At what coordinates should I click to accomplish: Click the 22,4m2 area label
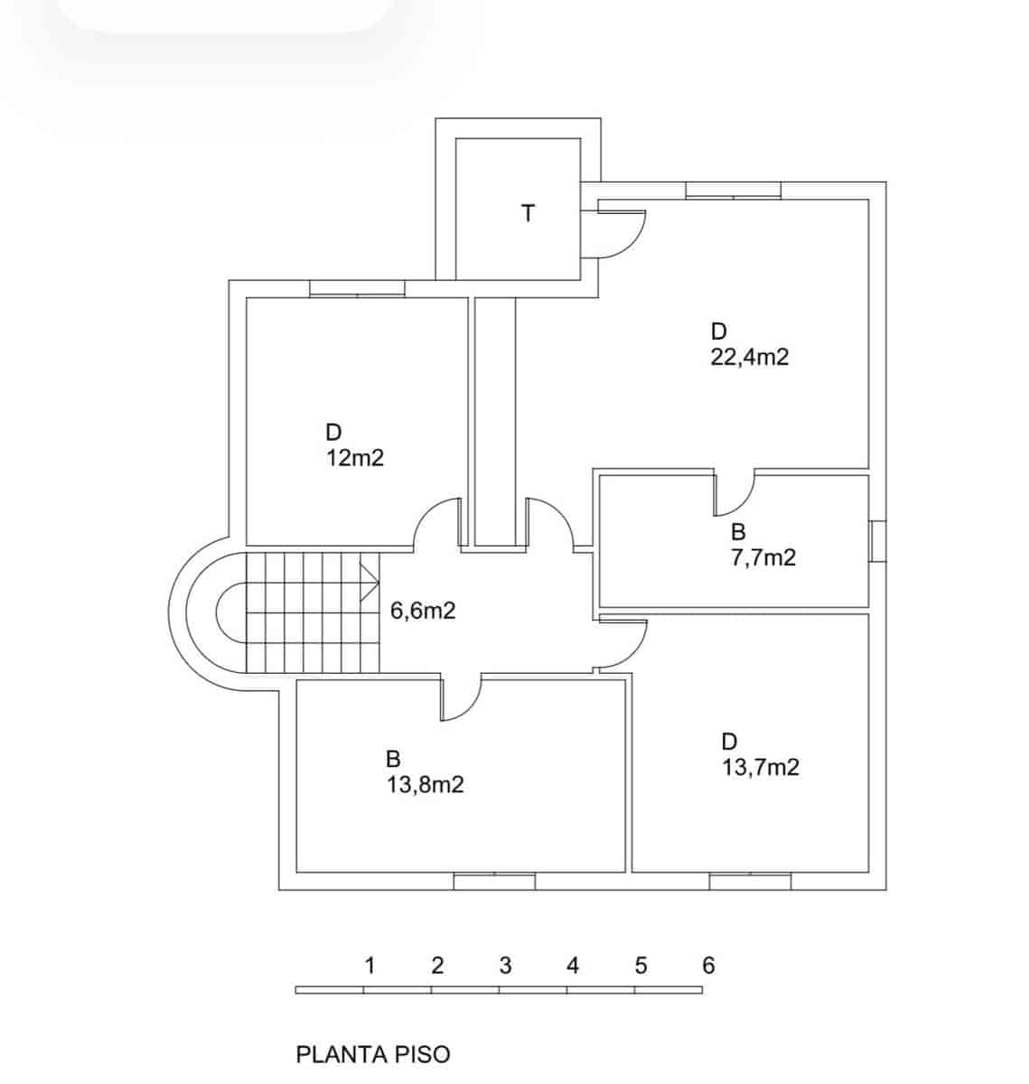[750, 357]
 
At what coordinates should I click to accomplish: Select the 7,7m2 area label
[763, 557]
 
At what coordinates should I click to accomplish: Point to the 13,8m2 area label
[426, 784]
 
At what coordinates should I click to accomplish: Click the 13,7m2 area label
[761, 768]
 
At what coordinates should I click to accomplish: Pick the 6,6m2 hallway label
[423, 611]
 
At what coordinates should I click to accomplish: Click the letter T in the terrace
[529, 214]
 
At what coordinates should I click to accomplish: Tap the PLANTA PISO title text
[373, 1053]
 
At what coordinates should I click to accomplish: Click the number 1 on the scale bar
[370, 966]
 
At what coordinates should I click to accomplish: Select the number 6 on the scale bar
[708, 966]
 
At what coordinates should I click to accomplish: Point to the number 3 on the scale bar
[505, 966]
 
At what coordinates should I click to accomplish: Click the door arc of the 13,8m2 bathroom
[461, 699]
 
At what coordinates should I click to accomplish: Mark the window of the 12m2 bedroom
[357, 288]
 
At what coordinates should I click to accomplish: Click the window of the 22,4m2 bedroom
[733, 190]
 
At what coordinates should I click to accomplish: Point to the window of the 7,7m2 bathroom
[877, 541]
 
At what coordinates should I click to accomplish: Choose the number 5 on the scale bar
[641, 966]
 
